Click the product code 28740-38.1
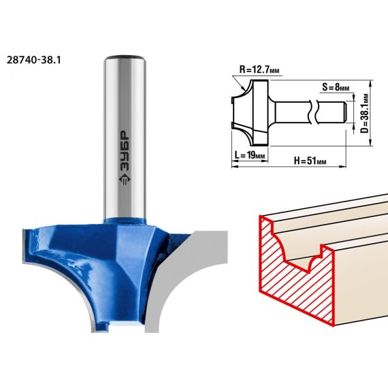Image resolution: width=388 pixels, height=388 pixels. [x=33, y=60]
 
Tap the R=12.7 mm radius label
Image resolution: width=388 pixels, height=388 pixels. [x=259, y=70]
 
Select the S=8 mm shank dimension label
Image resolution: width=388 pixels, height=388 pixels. [x=336, y=87]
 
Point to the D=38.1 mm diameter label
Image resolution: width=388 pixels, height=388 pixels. [x=365, y=113]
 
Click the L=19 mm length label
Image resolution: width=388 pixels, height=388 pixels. [x=250, y=155]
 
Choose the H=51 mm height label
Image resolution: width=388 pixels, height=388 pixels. [x=310, y=161]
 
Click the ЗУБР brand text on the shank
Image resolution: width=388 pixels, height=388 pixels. [x=124, y=150]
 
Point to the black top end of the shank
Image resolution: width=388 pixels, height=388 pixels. [x=125, y=56]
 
